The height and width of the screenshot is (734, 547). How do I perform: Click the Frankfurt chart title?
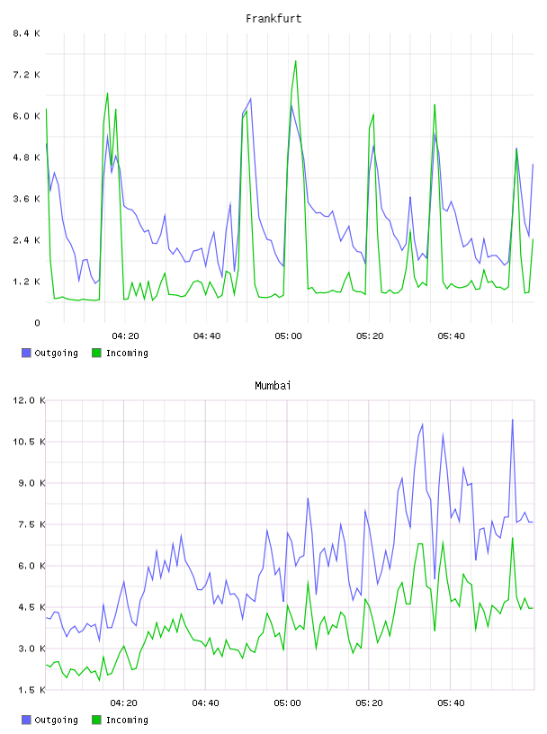click(x=273, y=19)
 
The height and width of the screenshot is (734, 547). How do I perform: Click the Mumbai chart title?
click(x=273, y=386)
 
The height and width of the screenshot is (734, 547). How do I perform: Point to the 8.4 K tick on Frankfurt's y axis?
click(x=26, y=33)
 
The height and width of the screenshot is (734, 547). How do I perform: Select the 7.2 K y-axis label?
click(x=26, y=75)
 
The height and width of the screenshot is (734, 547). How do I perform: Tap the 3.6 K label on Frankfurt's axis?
click(x=26, y=199)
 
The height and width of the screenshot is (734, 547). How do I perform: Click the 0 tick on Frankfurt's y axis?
click(x=37, y=323)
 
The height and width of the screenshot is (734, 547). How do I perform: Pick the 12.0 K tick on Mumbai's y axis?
click(x=29, y=400)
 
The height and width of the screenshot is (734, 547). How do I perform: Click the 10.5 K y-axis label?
click(x=29, y=442)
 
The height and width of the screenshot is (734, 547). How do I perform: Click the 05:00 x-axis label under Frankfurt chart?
click(x=288, y=336)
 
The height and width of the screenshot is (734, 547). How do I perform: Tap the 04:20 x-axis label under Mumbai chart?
click(x=123, y=703)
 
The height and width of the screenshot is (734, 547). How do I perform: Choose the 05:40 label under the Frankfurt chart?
click(x=451, y=336)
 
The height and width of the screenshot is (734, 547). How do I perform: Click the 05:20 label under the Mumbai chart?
click(x=369, y=703)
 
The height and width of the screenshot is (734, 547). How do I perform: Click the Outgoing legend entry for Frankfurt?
click(x=49, y=353)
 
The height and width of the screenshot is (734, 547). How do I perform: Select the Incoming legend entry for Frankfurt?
click(x=120, y=353)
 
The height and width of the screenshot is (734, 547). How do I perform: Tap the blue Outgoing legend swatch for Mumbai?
click(x=26, y=720)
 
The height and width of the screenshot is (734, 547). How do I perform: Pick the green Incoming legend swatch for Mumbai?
click(x=96, y=720)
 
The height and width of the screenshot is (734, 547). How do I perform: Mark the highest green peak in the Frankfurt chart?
click(x=295, y=61)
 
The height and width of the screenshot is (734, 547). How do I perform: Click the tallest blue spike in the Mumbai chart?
click(x=512, y=420)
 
